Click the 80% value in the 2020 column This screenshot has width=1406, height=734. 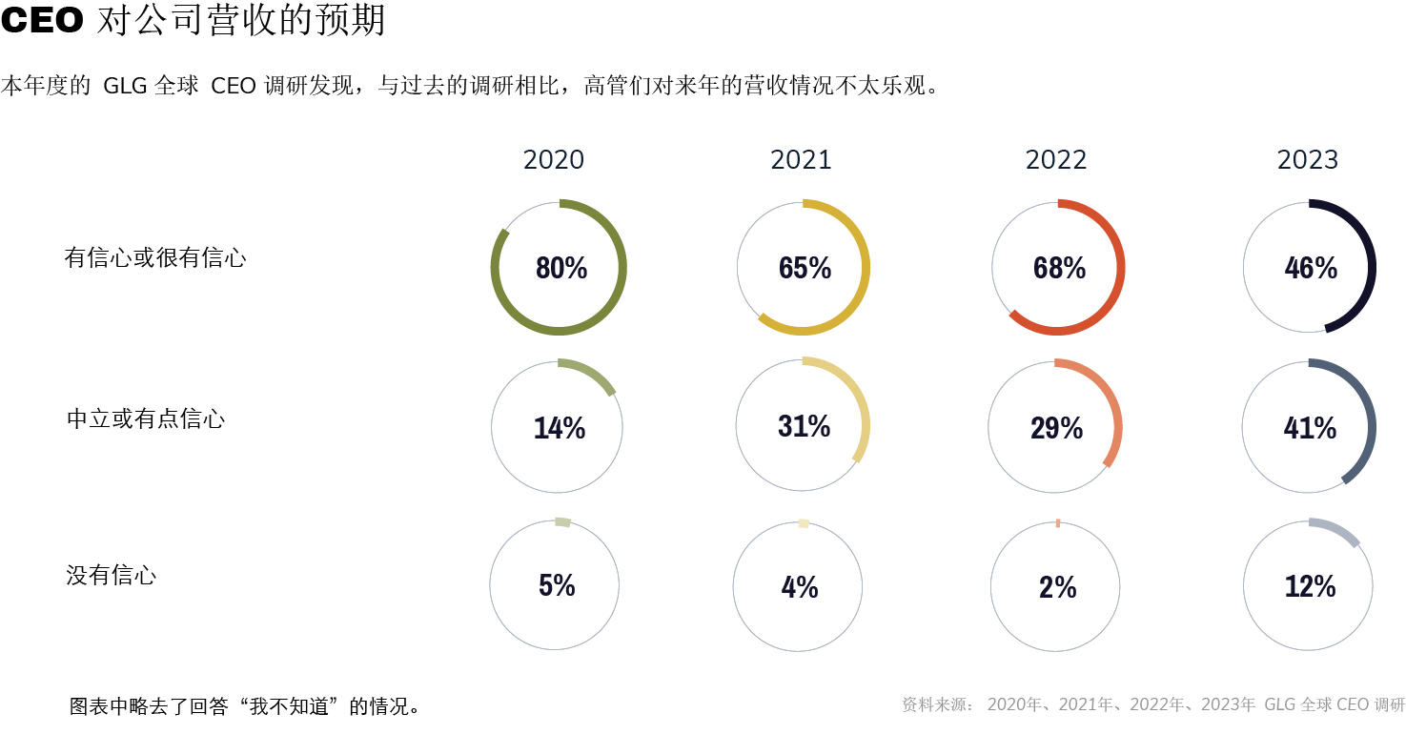tap(560, 269)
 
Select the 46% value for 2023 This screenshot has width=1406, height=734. tap(1311, 269)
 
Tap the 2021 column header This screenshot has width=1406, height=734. tap(801, 160)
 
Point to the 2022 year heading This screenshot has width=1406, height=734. tap(1056, 160)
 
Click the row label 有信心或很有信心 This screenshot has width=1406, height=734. tap(155, 257)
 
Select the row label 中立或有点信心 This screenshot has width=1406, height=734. tap(146, 418)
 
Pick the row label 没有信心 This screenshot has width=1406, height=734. tap(112, 575)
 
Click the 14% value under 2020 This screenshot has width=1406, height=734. tap(559, 429)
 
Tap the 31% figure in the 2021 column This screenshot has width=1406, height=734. tap(804, 427)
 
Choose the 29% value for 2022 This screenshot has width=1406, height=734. tap(1056, 429)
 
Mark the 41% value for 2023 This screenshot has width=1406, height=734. tap(1310, 429)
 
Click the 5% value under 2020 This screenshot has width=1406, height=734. tap(557, 585)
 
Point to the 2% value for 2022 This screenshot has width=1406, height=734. tap(1057, 587)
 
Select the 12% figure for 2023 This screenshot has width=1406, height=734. tap(1310, 587)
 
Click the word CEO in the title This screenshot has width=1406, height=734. tap(43, 21)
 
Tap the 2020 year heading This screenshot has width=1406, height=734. tap(554, 160)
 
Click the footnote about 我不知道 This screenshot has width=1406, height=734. tap(245, 706)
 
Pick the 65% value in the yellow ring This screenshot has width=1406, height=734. tap(805, 269)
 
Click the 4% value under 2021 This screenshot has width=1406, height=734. tap(800, 587)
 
